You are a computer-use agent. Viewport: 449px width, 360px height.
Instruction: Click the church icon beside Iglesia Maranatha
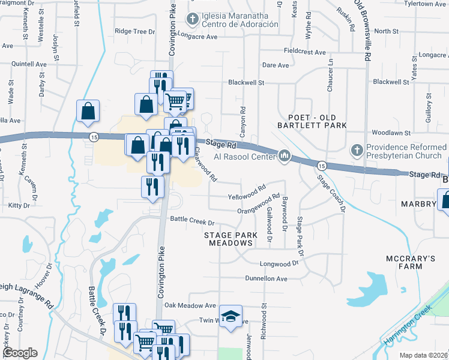[x=193, y=20]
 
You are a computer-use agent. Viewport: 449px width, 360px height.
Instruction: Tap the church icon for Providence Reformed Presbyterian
[x=357, y=149]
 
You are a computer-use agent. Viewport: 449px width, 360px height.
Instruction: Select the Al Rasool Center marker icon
[x=285, y=157]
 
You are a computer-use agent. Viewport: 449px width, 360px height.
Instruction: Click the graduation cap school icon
[x=230, y=317]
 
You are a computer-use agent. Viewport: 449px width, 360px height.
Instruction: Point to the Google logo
[x=19, y=353]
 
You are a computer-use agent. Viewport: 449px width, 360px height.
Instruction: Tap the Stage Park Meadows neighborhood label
[x=231, y=239]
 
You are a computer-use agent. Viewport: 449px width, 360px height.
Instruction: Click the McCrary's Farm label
[x=411, y=263]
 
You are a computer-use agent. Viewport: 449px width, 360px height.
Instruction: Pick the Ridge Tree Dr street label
[x=134, y=31]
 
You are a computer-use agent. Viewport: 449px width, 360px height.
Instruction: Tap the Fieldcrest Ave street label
[x=304, y=52]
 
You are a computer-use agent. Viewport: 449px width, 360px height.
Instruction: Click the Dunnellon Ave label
[x=266, y=278]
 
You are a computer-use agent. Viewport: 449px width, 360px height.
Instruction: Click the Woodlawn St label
[x=391, y=132]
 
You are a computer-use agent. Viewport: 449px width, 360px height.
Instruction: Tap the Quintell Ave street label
[x=29, y=64]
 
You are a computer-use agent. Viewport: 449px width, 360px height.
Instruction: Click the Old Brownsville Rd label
[x=362, y=29]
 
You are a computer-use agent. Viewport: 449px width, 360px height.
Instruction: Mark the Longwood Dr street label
[x=279, y=263]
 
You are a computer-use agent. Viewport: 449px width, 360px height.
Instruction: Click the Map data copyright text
[x=423, y=355]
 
